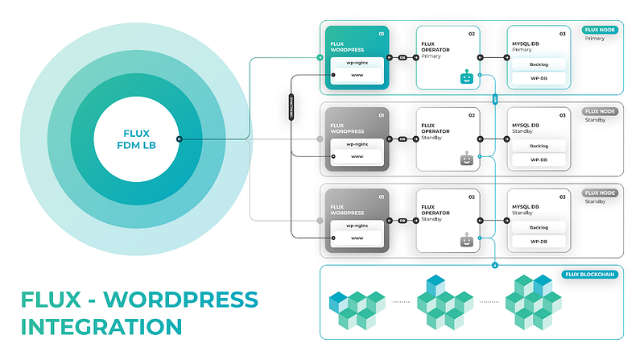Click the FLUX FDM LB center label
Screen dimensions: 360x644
pos(134,139)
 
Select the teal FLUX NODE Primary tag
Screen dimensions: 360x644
pos(600,29)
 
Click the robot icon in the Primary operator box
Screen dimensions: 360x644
pos(464,77)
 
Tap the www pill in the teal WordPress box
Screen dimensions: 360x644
pos(357,74)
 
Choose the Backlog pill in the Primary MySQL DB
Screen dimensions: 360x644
pos(539,64)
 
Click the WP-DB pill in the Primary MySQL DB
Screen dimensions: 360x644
pos(539,78)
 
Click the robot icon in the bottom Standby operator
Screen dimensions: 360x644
pos(464,239)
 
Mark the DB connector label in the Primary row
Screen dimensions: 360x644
pos(402,57)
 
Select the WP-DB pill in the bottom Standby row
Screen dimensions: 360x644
pos(539,241)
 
